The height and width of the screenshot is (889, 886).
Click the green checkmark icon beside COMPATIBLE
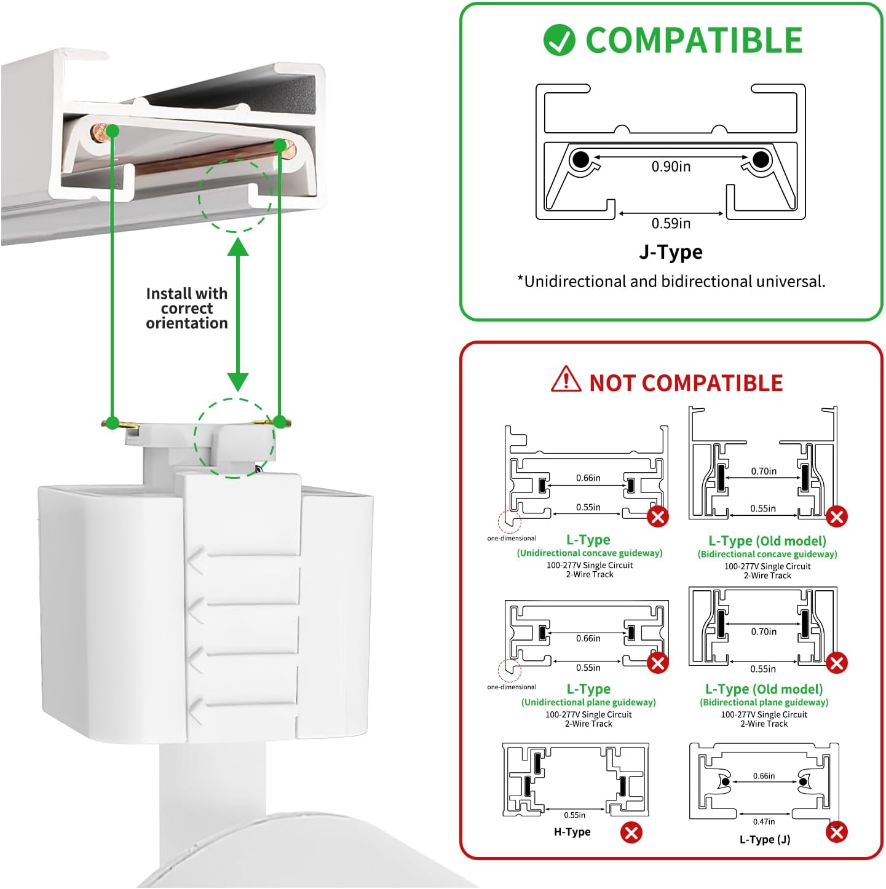[x=559, y=41]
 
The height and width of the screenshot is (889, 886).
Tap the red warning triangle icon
[x=566, y=379]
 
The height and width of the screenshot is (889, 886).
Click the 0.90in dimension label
[x=671, y=167]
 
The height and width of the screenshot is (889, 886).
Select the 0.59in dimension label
[x=671, y=223]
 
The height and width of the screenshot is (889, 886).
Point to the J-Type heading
[x=670, y=252]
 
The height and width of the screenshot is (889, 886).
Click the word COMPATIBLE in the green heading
[x=694, y=41]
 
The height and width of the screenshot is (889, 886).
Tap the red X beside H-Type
[x=631, y=832]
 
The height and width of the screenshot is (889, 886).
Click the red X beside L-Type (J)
[x=836, y=832]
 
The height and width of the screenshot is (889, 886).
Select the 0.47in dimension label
[x=764, y=821]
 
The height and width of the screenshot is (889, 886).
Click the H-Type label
[x=572, y=832]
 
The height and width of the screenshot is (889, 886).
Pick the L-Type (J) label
[x=765, y=840]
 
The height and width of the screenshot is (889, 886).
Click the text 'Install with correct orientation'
[x=186, y=309]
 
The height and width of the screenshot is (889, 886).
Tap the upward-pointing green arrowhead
[x=238, y=247]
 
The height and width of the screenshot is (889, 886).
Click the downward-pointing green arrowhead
[x=238, y=382]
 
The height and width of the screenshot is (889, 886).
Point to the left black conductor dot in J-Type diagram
[x=580, y=160]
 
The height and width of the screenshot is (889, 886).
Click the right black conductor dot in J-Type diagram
[x=761, y=160]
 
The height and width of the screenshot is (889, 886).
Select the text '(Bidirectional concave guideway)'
[x=767, y=554]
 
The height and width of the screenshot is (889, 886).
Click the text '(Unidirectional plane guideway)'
[x=588, y=702]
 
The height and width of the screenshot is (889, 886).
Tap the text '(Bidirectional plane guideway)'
[x=764, y=702]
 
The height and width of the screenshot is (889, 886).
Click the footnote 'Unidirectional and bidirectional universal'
[x=671, y=282]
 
